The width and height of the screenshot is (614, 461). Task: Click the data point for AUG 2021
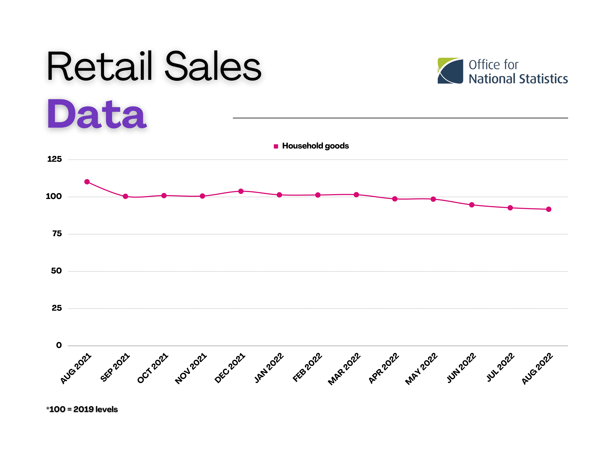pos(87,182)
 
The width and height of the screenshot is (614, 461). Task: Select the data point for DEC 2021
pos(241,191)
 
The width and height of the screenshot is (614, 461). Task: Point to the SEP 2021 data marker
pos(125,196)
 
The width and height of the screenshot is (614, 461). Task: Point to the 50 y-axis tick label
pos(56,271)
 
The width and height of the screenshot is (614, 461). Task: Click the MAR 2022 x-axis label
pos(344,369)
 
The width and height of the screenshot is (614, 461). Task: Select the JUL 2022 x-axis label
pos(500,367)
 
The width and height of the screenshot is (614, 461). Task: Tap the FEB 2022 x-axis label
pos(307,367)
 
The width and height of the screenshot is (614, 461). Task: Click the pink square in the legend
pos(276,146)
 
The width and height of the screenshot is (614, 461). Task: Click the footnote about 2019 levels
pos(82,409)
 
